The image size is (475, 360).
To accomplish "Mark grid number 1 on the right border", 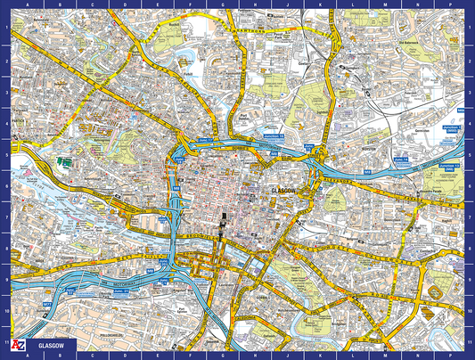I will [471, 27].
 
